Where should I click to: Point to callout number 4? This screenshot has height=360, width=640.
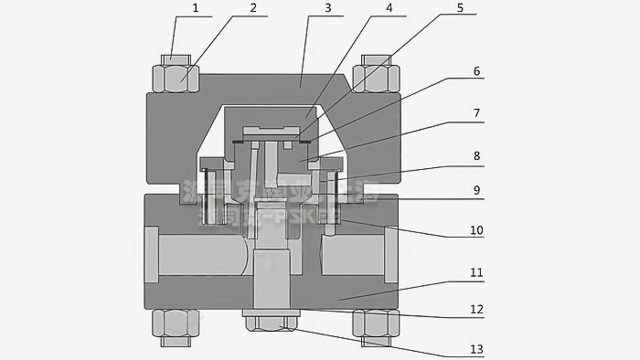click(389, 9)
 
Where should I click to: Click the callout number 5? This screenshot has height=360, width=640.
click(460, 9)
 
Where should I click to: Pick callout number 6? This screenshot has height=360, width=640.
click(476, 71)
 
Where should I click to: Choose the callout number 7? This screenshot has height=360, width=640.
click(476, 114)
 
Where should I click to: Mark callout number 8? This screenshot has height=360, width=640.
click(476, 156)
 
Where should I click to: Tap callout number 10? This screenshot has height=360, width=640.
click(476, 230)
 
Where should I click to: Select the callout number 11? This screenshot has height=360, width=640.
click(476, 273)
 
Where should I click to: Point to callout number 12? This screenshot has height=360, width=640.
click(476, 310)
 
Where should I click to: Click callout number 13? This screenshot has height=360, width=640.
click(476, 348)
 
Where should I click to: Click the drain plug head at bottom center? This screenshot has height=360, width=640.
click(272, 323)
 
